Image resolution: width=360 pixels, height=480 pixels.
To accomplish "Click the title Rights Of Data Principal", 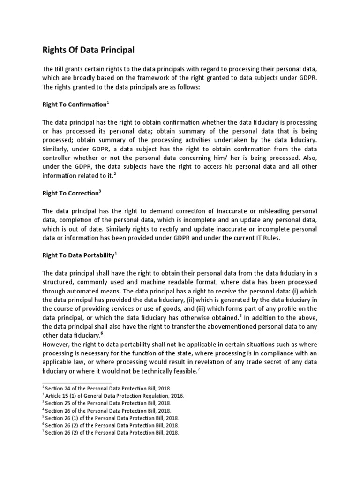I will [x=89, y=49].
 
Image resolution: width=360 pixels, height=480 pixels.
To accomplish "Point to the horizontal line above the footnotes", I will [x=70, y=383].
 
